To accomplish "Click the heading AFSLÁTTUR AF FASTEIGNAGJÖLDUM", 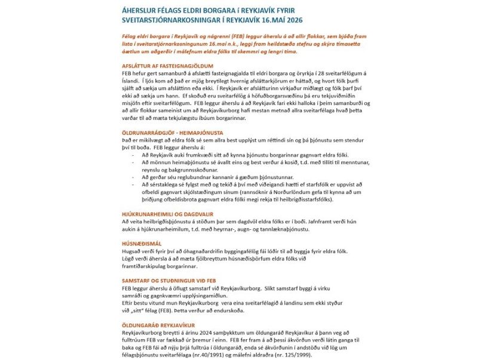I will (158, 66).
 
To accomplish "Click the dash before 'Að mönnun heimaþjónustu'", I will (133, 162).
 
